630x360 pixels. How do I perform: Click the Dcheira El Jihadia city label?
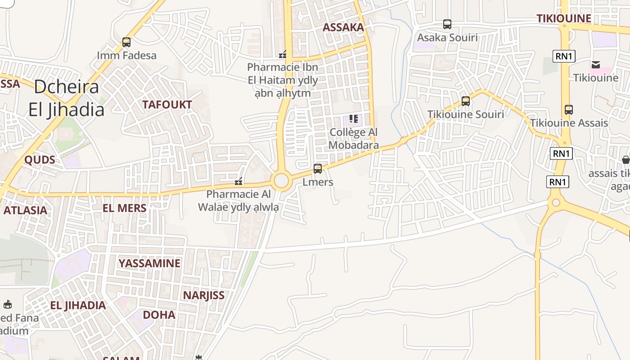pyautogui.click(x=67, y=98)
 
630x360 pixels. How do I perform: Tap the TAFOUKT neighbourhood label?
pyautogui.click(x=167, y=105)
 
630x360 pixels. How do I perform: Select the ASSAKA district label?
pyautogui.click(x=343, y=27)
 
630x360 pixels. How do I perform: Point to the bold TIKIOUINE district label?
pyautogui.click(x=564, y=18)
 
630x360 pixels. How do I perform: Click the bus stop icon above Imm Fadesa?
pyautogui.click(x=126, y=42)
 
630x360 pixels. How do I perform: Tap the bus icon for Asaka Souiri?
pyautogui.click(x=447, y=24)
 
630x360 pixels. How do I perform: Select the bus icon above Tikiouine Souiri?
pyautogui.click(x=466, y=101)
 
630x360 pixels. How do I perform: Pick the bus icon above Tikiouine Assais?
pyautogui.click(x=569, y=110)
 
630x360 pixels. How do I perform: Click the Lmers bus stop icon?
pyautogui.click(x=318, y=169)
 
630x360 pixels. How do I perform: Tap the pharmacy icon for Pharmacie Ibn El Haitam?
pyautogui.click(x=283, y=54)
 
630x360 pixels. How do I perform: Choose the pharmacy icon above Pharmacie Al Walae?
pyautogui.click(x=239, y=181)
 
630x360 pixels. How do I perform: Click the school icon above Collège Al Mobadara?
pyautogui.click(x=354, y=119)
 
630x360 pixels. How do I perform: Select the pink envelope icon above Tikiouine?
pyautogui.click(x=596, y=65)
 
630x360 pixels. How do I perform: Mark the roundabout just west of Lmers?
pyautogui.click(x=281, y=181)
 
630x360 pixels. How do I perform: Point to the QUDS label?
pyautogui.click(x=40, y=160)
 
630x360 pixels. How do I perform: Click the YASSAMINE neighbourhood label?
pyautogui.click(x=149, y=263)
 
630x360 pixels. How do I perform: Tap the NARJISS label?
pyautogui.click(x=203, y=295)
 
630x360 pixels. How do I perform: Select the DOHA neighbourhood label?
pyautogui.click(x=159, y=315)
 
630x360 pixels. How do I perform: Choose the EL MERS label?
pyautogui.click(x=125, y=208)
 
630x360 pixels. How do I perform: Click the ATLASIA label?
pyautogui.click(x=25, y=210)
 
